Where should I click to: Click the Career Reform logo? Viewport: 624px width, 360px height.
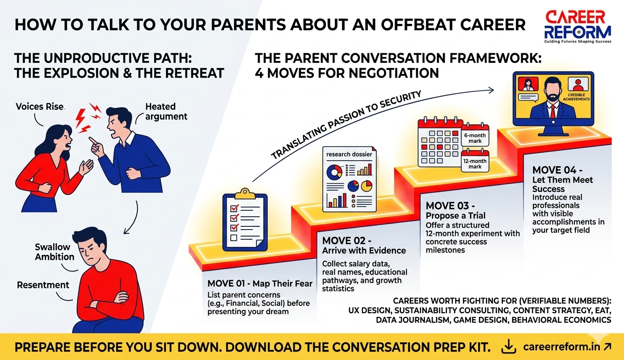click(x=578, y=27)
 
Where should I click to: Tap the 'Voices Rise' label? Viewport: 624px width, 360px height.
click(x=39, y=107)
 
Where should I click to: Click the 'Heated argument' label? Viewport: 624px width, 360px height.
click(x=166, y=111)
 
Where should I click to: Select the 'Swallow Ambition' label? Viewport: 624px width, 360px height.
click(x=55, y=252)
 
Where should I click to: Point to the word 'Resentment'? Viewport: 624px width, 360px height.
click(x=43, y=285)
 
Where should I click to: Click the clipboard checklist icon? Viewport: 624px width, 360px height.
click(x=245, y=220)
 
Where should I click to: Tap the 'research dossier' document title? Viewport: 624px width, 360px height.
click(x=349, y=154)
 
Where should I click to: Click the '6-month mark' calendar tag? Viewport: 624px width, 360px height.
click(x=475, y=135)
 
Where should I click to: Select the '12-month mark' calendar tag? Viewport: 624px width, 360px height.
click(x=475, y=161)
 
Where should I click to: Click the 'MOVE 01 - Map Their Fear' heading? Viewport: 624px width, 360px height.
click(x=260, y=284)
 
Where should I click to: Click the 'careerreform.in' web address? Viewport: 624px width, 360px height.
click(x=562, y=347)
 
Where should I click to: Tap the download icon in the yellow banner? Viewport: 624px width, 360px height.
click(x=509, y=347)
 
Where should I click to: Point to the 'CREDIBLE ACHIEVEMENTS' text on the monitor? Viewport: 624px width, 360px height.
click(x=576, y=97)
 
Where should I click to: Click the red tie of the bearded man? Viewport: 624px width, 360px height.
click(x=553, y=111)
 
